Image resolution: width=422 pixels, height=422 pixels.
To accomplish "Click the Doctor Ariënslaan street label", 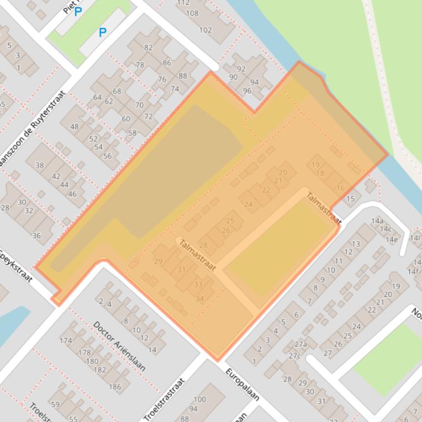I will [x=119, y=346].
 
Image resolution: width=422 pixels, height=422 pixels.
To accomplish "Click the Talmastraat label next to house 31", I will [x=196, y=254].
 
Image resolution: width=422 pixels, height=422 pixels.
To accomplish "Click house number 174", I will [x=65, y=340].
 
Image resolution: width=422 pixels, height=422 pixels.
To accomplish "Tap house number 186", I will [x=115, y=387].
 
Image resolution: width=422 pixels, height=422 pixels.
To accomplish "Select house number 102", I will [x=205, y=30].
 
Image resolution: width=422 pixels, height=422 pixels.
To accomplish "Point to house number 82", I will [x=148, y=48].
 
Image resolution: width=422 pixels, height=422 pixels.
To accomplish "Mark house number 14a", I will [x=377, y=221].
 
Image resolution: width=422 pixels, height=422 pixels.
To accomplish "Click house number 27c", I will [x=295, y=356].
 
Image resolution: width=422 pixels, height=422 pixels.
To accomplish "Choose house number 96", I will [x=247, y=91].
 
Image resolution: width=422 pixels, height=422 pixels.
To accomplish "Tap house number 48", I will [x=75, y=127].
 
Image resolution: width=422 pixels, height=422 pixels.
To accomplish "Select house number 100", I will [x=199, y=400].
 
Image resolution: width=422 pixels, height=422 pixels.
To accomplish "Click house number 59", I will [x=55, y=404].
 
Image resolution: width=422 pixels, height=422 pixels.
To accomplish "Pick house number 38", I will [x=40, y=165].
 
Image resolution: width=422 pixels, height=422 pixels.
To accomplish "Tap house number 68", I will [x=117, y=91].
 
